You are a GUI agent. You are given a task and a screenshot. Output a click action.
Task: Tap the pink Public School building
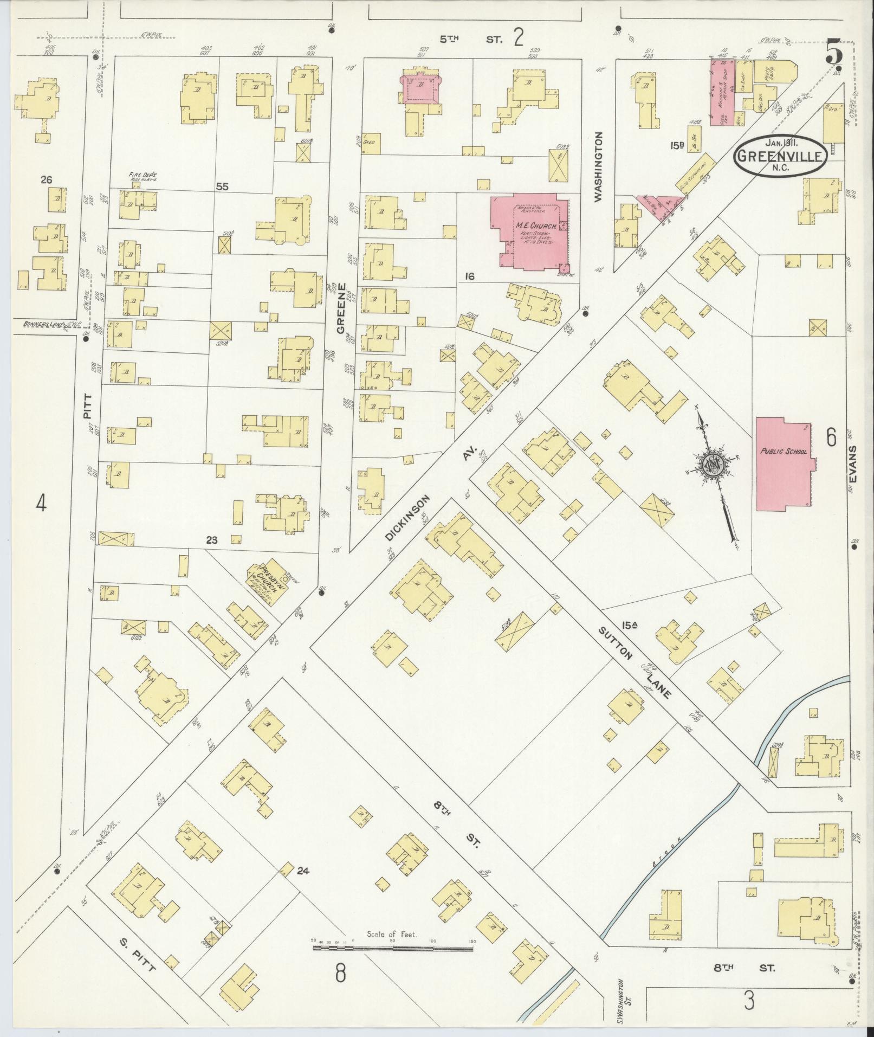[x=784, y=463]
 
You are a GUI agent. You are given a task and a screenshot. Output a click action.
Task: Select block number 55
[x=222, y=187]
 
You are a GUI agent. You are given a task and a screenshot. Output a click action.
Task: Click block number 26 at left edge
[x=46, y=179]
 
